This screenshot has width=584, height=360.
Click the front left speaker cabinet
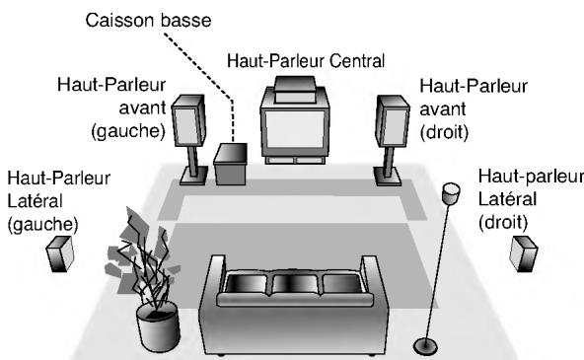(191, 120)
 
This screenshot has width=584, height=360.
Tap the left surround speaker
(58, 255)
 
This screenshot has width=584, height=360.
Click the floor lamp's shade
(453, 192)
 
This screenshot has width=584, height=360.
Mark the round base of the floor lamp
(427, 345)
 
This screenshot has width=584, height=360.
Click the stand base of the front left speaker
(192, 179)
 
